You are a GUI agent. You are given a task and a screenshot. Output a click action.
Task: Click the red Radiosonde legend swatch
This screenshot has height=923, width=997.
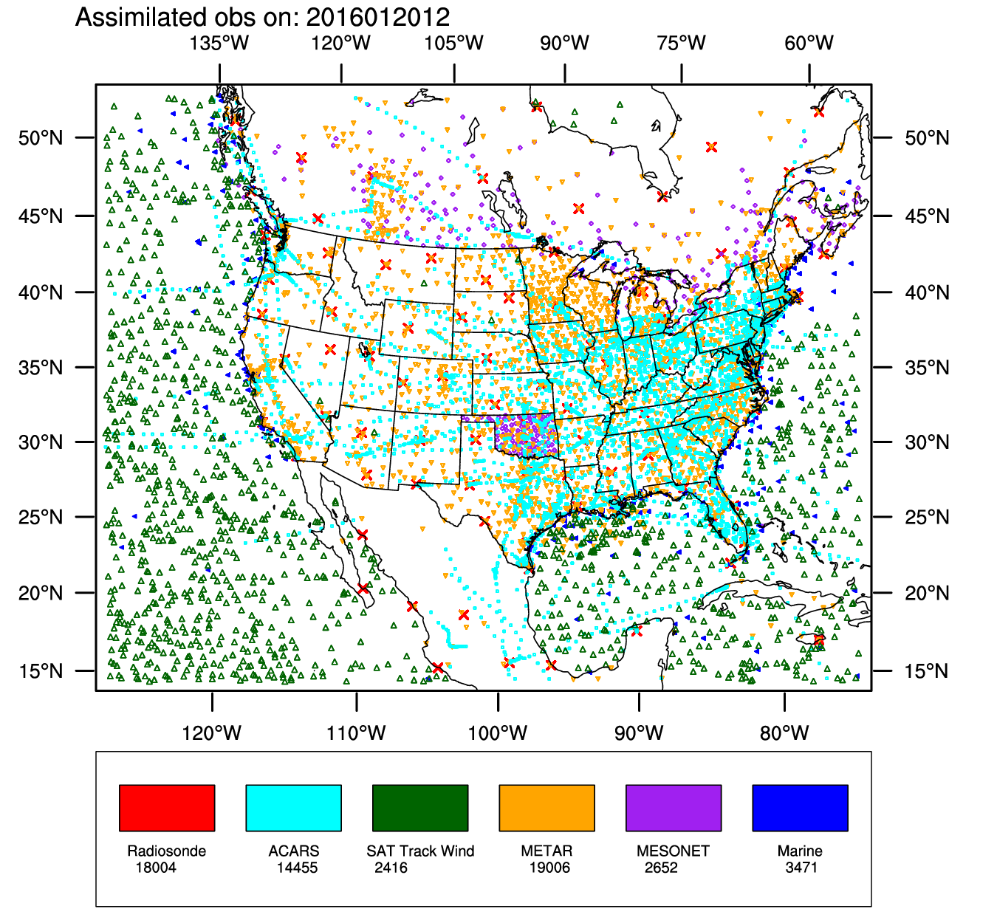(167, 808)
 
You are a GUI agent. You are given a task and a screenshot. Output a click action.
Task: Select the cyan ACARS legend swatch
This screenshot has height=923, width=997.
(293, 808)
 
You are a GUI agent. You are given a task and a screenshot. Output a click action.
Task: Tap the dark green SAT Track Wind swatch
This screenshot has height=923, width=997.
(420, 808)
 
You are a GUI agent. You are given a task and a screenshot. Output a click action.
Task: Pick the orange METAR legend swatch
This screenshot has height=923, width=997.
(547, 808)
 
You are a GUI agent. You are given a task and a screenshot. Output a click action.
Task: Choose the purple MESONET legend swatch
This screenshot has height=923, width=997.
(674, 808)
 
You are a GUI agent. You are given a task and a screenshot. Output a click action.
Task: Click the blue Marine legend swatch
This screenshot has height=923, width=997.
(800, 808)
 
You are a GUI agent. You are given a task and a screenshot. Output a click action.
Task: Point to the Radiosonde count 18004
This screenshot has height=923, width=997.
(156, 868)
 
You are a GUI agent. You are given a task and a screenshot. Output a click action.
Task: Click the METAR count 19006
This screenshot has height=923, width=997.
(549, 868)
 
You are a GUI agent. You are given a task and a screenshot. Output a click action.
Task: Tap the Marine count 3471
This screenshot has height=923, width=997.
(801, 868)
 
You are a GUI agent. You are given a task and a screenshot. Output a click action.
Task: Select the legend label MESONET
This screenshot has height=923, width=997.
(673, 851)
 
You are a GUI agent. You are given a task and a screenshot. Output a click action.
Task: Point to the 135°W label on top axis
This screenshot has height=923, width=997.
(219, 43)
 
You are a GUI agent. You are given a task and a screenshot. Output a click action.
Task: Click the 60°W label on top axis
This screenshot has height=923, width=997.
(809, 43)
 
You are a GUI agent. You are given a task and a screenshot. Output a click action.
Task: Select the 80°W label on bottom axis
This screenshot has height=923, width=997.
(784, 733)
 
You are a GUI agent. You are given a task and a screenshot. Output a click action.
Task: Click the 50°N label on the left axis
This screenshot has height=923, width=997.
(41, 138)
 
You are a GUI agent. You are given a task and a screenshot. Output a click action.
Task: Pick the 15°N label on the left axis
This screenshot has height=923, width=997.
(41, 671)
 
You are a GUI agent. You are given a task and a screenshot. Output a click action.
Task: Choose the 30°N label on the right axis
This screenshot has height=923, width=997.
(927, 442)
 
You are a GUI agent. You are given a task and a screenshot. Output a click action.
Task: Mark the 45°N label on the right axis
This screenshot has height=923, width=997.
(927, 216)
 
